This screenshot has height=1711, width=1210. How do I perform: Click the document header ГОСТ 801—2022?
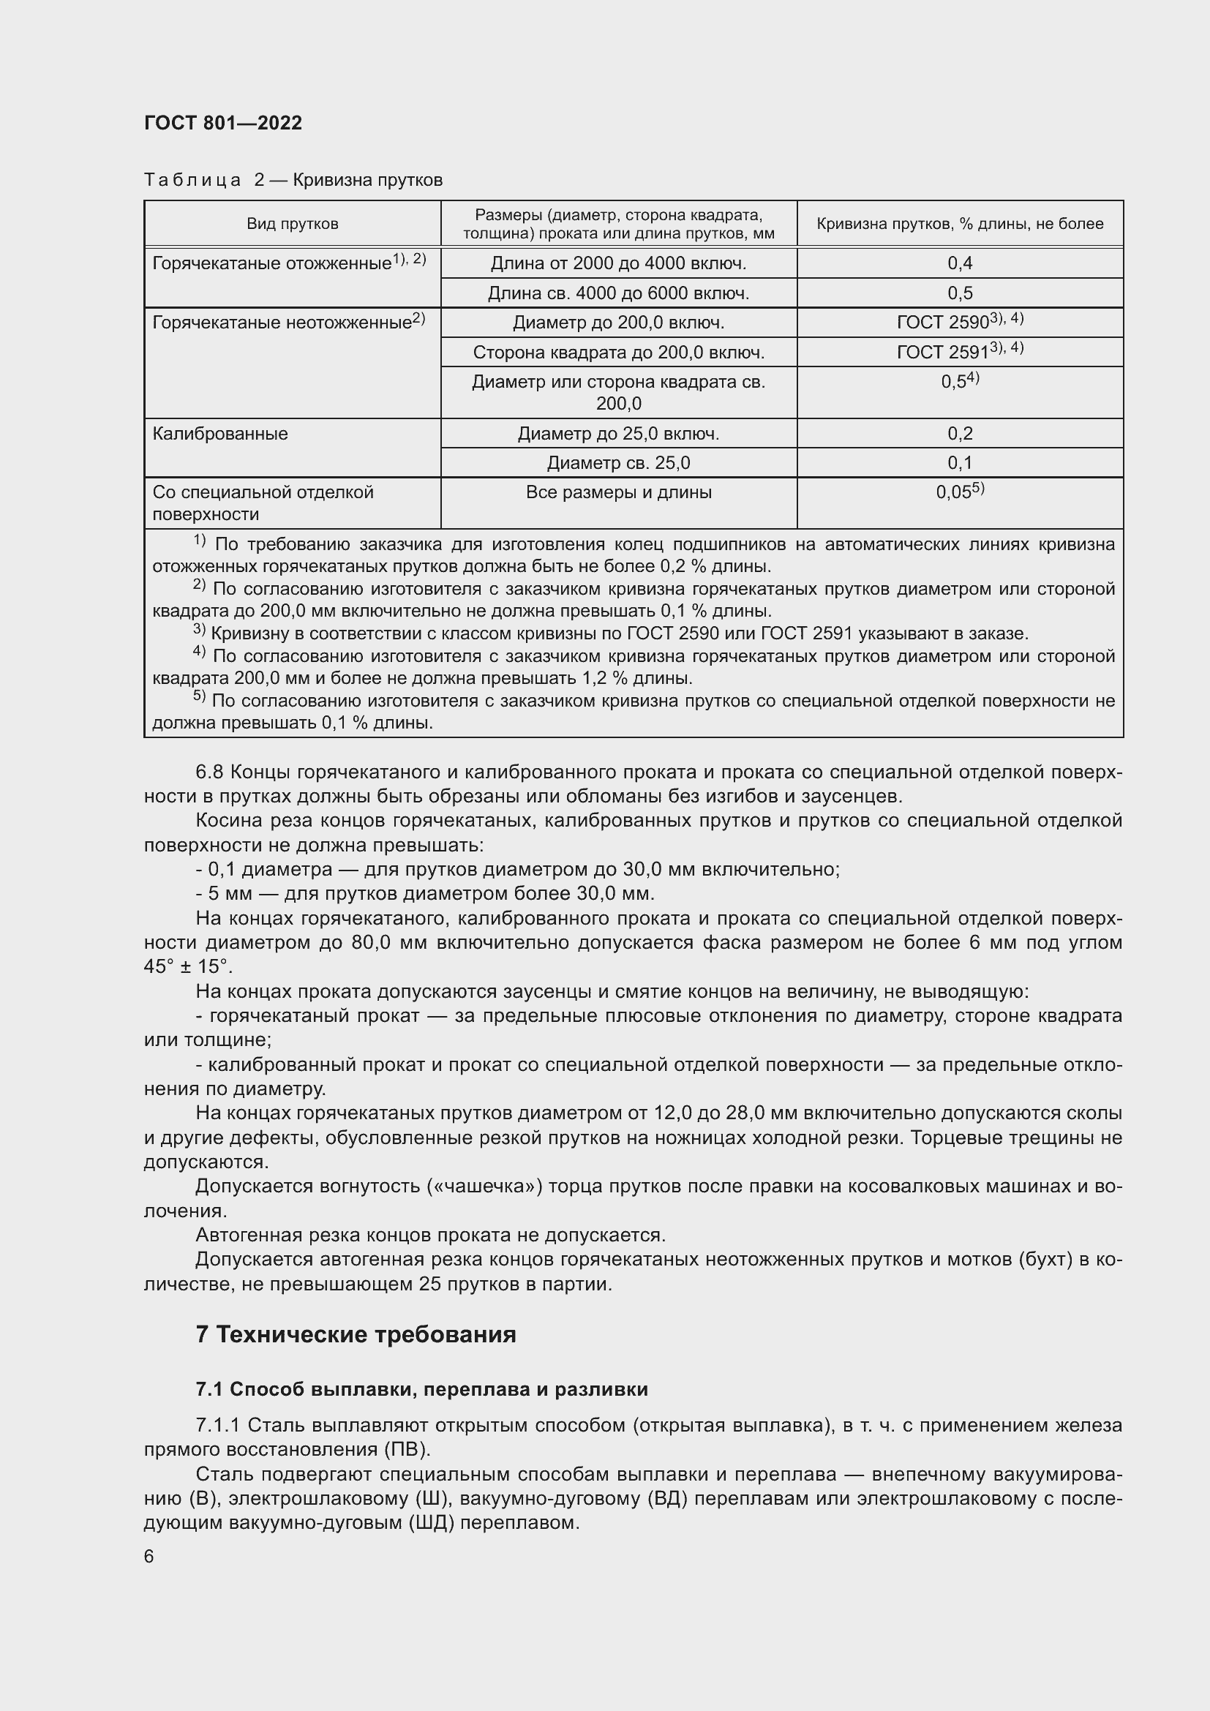point(223,123)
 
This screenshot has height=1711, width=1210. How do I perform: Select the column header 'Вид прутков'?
point(292,225)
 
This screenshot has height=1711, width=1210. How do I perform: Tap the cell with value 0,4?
point(960,263)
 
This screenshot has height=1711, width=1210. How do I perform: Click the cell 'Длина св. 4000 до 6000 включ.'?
point(618,293)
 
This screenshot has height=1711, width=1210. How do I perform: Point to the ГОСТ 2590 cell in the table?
point(960,322)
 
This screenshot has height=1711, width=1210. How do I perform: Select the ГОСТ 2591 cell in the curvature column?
point(960,352)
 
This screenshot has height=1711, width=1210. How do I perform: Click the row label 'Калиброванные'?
point(219,434)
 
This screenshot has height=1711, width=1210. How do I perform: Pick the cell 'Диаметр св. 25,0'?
point(618,463)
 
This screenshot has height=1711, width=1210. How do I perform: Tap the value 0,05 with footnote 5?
point(960,492)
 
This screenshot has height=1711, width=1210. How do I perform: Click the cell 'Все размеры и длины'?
point(618,492)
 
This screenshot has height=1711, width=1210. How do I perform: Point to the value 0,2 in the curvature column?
point(960,434)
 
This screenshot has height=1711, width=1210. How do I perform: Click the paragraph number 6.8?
point(209,772)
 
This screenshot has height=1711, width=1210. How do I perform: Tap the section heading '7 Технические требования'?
point(356,1334)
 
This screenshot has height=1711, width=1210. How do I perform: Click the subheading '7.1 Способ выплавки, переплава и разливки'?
point(421,1389)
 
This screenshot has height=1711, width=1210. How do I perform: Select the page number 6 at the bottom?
point(149,1556)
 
